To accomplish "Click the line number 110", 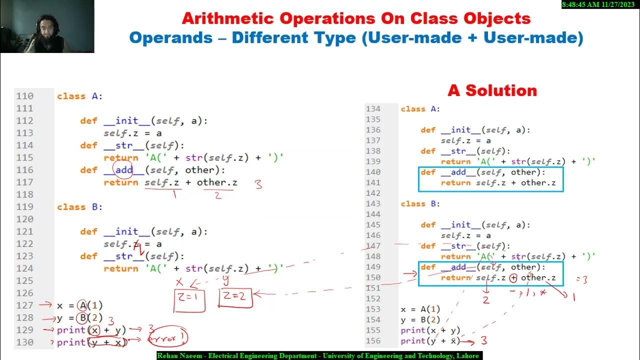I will pyautogui.click(x=24, y=96).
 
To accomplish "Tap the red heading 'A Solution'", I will pyautogui.click(x=492, y=90).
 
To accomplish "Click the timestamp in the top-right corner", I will pyautogui.click(x=600, y=4).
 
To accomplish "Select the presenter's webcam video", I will pyautogui.click(x=47, y=26).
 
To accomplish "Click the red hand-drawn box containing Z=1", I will pyautogui.click(x=189, y=298).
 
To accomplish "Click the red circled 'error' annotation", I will pyautogui.click(x=168, y=338).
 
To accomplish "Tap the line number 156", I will pyautogui.click(x=373, y=341).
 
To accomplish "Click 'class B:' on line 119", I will pyautogui.click(x=79, y=207).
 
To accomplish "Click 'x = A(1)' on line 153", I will pyautogui.click(x=420, y=309).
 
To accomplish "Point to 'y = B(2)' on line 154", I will pyautogui.click(x=420, y=320).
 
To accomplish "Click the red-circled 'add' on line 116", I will pyautogui.click(x=123, y=170).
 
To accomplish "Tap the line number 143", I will pyautogui.click(x=373, y=204).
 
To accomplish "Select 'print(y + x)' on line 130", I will pyautogui.click(x=91, y=342).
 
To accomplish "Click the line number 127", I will pyautogui.click(x=24, y=305).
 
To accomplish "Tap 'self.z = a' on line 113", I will pyautogui.click(x=132, y=133).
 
